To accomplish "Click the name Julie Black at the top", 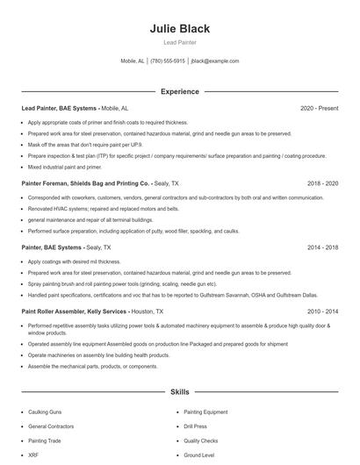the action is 180,28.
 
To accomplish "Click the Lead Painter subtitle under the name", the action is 180,42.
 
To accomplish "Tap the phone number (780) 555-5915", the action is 168,61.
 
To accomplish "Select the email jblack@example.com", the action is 215,61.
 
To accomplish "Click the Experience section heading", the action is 180,91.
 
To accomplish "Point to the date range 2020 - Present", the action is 319,109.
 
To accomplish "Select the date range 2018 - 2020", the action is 322,184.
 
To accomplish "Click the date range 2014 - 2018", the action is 322,248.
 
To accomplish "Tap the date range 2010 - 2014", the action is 322,311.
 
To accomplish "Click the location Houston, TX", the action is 147,311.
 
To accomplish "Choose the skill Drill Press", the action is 196,426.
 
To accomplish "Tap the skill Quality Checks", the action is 200,441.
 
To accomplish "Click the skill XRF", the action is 32,456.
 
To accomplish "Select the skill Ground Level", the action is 198,456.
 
